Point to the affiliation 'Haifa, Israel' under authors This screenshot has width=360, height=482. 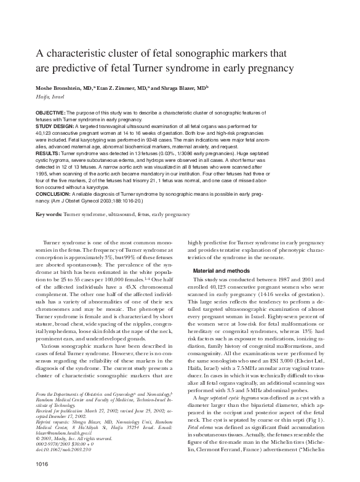tap(50, 97)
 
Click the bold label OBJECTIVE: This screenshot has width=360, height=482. tap(50, 113)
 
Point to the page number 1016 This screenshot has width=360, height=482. tap(42, 462)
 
